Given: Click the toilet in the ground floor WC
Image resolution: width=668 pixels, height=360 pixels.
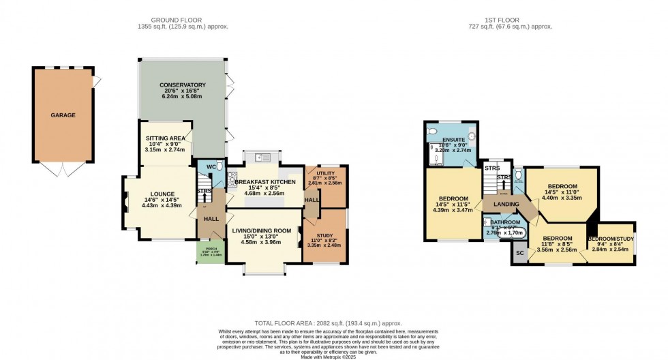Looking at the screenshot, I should click(x=218, y=167).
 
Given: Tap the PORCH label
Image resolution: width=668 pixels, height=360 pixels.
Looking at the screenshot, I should click(x=207, y=249).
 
